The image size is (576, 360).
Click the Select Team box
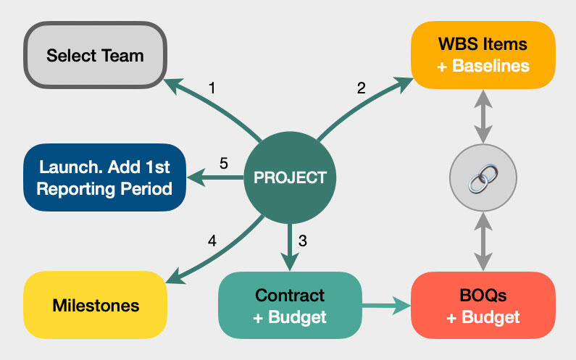click(96, 55)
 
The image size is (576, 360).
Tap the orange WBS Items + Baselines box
click(483, 55)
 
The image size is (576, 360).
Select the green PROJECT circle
click(290, 177)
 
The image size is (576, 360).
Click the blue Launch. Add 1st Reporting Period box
click(104, 177)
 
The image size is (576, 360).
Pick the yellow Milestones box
click(96, 304)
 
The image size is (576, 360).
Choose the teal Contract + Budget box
click(290, 305)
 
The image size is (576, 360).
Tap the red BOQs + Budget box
click(483, 305)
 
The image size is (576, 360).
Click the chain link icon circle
click(483, 178)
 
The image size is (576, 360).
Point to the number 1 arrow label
click(212, 88)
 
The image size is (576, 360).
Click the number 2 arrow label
click(361, 88)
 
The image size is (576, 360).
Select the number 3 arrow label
click(303, 241)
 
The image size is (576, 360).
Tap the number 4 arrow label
click(212, 241)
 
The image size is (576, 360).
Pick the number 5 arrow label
click(224, 164)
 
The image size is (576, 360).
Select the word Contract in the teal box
click(290, 295)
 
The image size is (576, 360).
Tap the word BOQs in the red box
click(483, 295)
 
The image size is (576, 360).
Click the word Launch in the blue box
click(66, 168)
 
